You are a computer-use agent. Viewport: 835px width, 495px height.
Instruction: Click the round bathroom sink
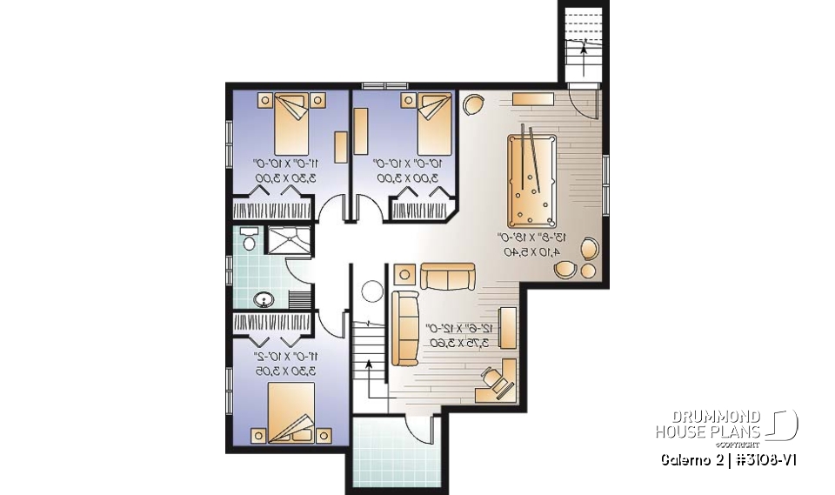click(x=264, y=300)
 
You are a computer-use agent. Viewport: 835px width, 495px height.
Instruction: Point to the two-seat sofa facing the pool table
click(x=448, y=277)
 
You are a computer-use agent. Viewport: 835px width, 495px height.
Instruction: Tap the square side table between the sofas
click(x=406, y=276)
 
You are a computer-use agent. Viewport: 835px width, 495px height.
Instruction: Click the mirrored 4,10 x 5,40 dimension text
click(x=531, y=252)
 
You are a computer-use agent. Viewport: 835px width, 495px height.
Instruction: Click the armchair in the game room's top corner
click(x=473, y=105)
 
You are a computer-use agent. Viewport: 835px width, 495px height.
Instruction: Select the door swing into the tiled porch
click(x=422, y=428)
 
